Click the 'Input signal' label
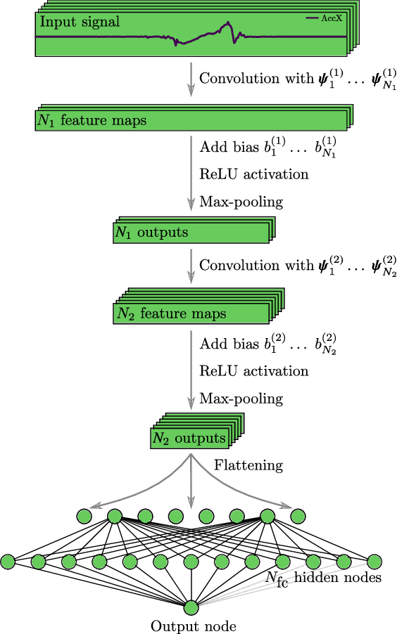click(x=79, y=22)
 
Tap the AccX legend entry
click(x=324, y=18)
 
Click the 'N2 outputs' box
click(x=189, y=439)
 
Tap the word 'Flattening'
click(x=248, y=465)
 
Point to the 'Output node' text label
click(x=193, y=626)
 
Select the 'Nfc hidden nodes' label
click(x=323, y=578)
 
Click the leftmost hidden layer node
click(x=8, y=562)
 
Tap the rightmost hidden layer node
click(x=374, y=562)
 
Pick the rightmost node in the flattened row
click(x=298, y=517)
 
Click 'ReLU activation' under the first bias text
click(x=253, y=174)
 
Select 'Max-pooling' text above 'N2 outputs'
click(x=241, y=399)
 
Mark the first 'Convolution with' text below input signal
click(x=256, y=78)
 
